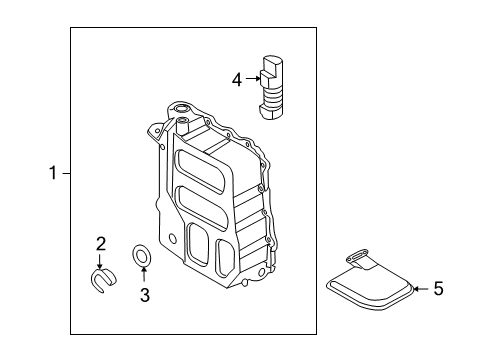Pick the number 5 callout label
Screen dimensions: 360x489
(437, 289)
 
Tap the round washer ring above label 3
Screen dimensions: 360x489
(143, 255)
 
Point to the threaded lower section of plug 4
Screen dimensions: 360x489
(276, 99)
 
